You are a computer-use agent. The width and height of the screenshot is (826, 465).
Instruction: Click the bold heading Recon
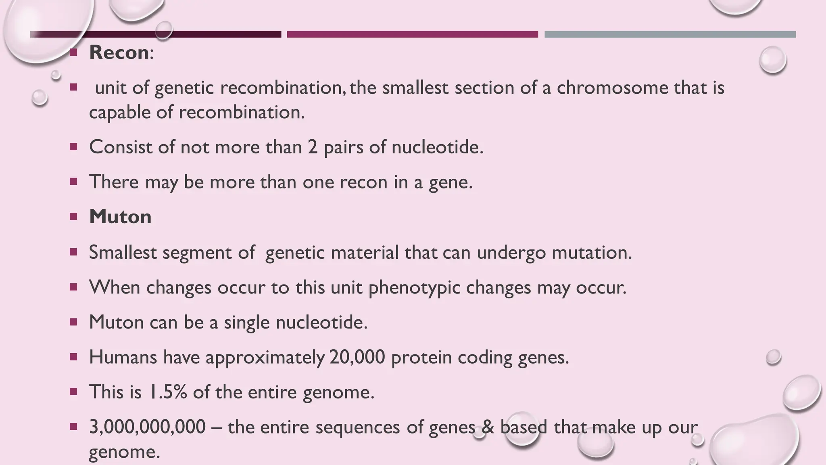(x=119, y=53)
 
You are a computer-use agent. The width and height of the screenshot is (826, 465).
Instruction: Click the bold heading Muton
(x=120, y=217)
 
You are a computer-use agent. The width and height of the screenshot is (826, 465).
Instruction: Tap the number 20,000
(x=357, y=357)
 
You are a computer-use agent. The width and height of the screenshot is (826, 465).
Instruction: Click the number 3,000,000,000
(x=147, y=427)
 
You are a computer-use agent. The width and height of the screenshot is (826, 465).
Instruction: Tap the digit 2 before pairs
(x=313, y=147)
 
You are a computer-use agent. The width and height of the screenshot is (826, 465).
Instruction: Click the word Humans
(x=123, y=357)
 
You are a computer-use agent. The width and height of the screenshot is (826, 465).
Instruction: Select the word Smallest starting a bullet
(x=123, y=253)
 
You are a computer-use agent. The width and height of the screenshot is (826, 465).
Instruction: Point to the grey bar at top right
(x=670, y=34)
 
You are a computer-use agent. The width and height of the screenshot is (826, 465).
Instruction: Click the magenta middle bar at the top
(x=412, y=34)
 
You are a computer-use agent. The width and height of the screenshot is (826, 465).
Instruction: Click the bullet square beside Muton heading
(x=73, y=217)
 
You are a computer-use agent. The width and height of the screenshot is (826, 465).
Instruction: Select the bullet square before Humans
(x=73, y=357)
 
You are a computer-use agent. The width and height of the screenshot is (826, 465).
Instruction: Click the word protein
(x=421, y=357)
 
